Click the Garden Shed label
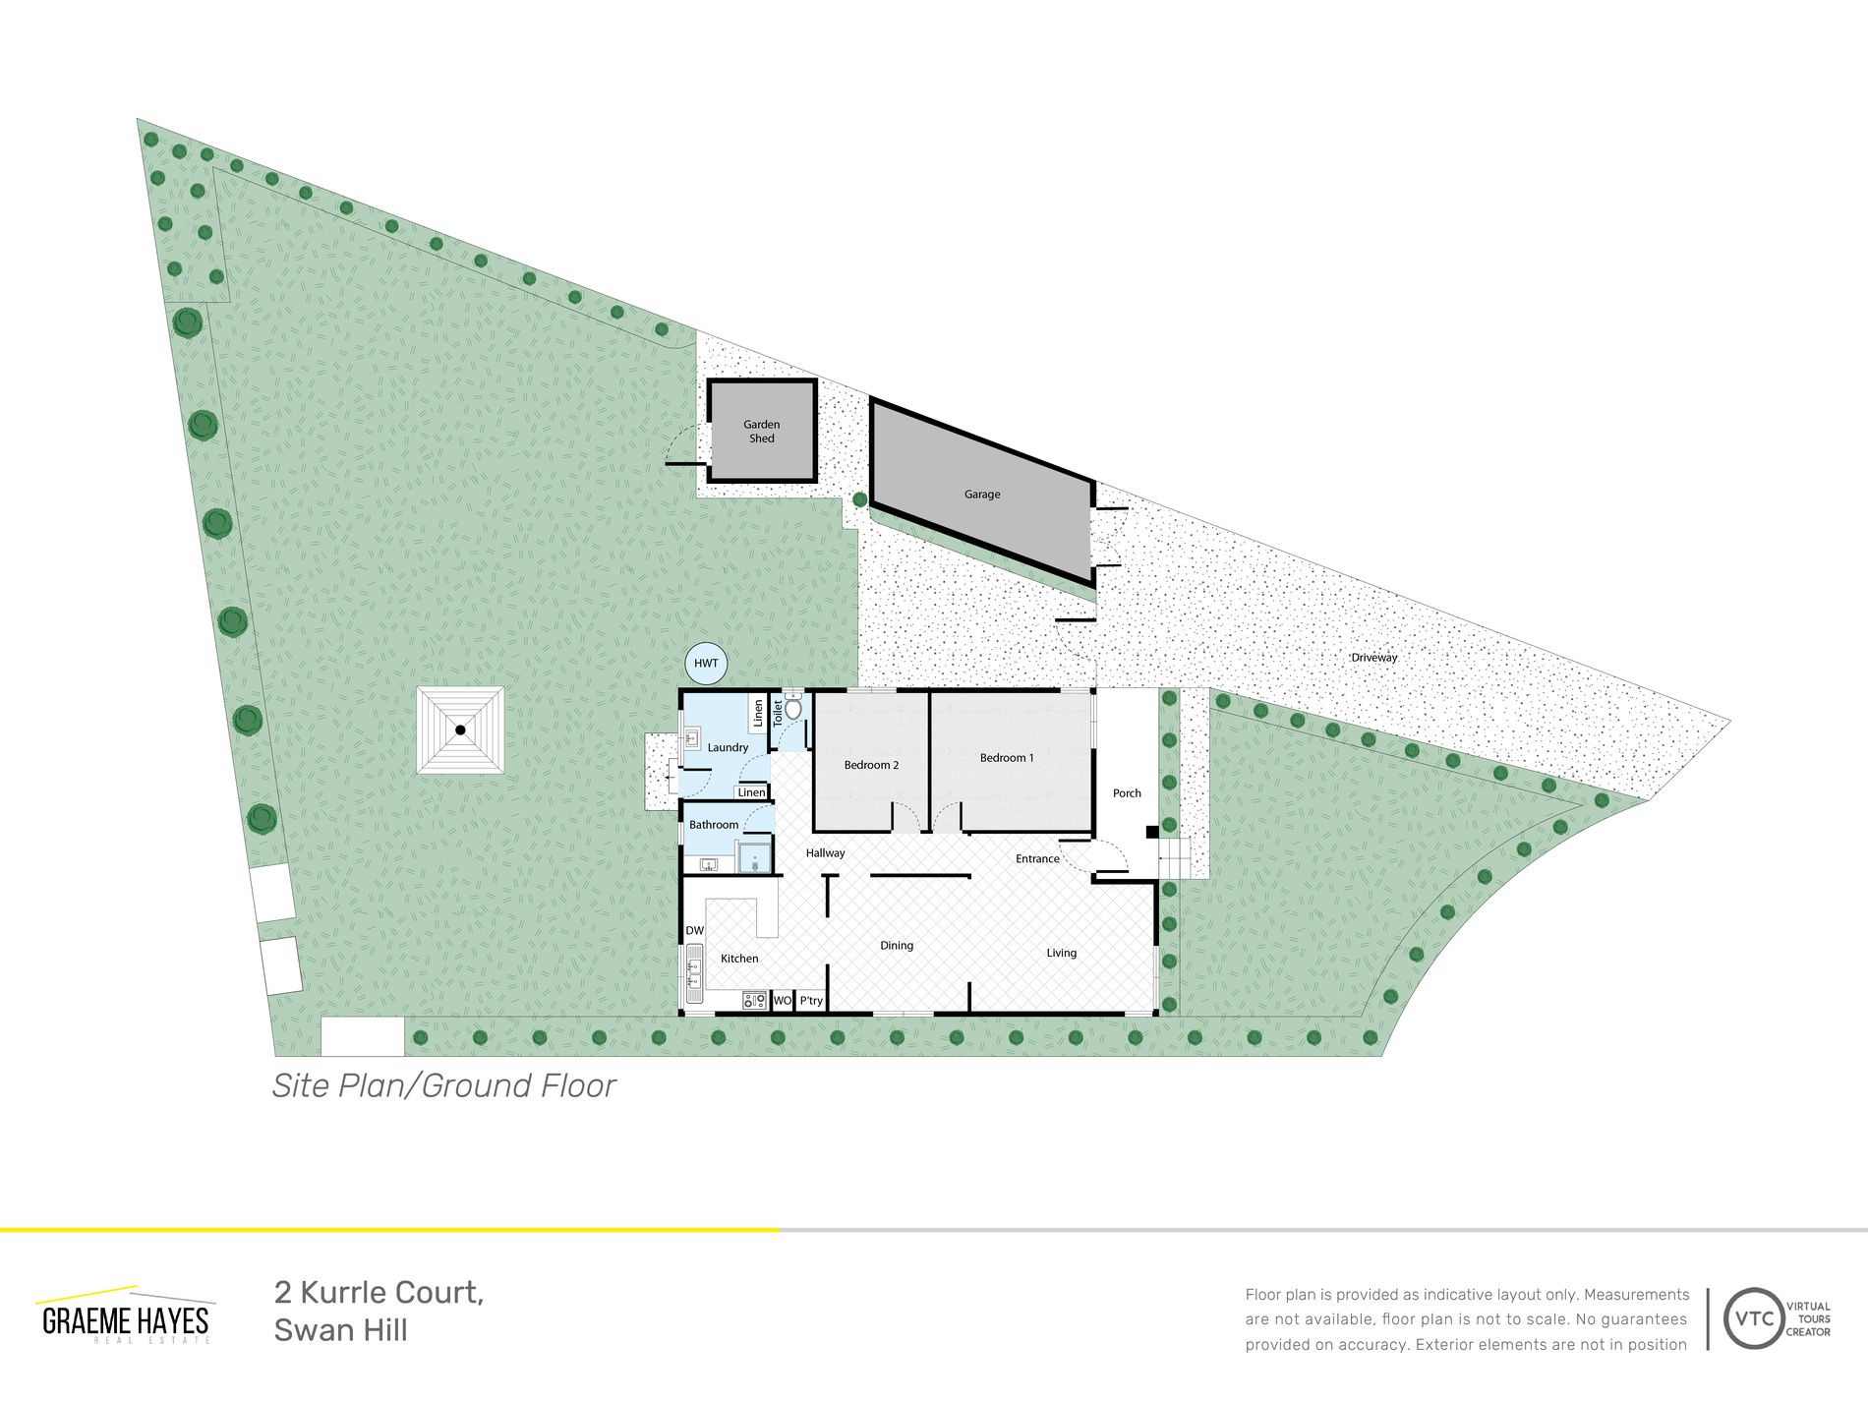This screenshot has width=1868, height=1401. [x=762, y=432]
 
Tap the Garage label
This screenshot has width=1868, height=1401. [x=982, y=495]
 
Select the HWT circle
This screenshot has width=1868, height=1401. [x=706, y=664]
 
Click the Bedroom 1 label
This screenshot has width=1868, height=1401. [x=1007, y=758]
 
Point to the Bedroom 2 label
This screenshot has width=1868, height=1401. [x=871, y=765]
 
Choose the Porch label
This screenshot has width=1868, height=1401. [x=1127, y=793]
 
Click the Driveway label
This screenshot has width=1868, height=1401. [x=1374, y=658]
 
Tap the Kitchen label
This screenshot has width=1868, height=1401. [x=739, y=959]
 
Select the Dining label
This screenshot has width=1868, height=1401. [x=897, y=946]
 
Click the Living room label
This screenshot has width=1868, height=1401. [x=1062, y=953]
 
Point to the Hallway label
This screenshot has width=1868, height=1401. [x=826, y=853]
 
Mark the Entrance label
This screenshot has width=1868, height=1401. [x=1037, y=859]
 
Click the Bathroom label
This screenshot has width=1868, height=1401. [x=714, y=825]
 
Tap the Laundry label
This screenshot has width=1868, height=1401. [x=728, y=748]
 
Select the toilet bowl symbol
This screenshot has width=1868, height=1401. [x=793, y=706]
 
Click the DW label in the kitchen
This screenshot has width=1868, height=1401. [x=695, y=931]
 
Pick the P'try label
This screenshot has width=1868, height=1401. [x=811, y=1001]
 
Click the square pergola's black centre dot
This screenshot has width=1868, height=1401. [x=460, y=730]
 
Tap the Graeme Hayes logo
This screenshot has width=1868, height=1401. [x=126, y=1315]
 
